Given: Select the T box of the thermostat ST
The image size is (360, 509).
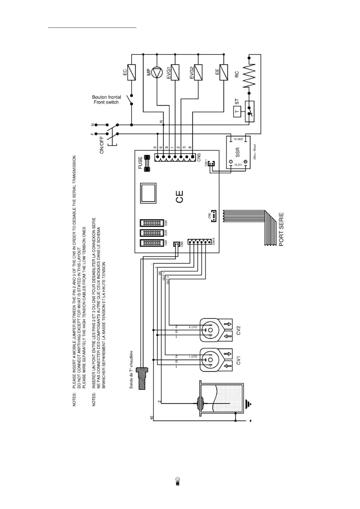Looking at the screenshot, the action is (x=237, y=112).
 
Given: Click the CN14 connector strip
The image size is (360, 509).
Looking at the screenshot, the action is (x=198, y=242).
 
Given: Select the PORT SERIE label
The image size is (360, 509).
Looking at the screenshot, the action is (x=281, y=229).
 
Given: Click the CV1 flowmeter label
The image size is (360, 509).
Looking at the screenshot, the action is (x=239, y=360).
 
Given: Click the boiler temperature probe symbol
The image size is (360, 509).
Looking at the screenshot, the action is (x=142, y=378).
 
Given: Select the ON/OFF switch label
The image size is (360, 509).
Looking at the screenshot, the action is (x=102, y=145).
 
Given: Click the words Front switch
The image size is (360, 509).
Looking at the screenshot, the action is (x=106, y=102).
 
